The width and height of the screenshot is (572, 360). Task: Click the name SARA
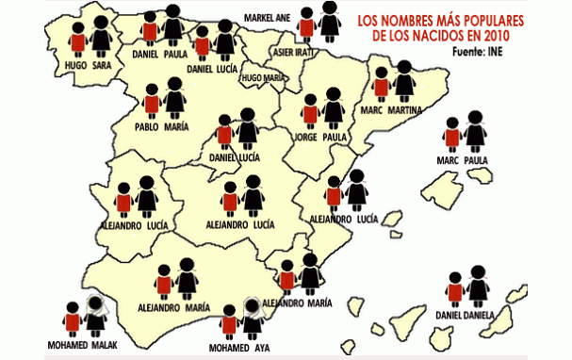[x=102, y=65]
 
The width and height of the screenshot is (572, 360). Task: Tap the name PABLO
[x=146, y=127]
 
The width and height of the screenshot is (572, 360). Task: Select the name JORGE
[x=305, y=137]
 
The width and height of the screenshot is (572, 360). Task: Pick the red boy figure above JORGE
[x=310, y=112]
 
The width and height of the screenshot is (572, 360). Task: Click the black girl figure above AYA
[x=252, y=319]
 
